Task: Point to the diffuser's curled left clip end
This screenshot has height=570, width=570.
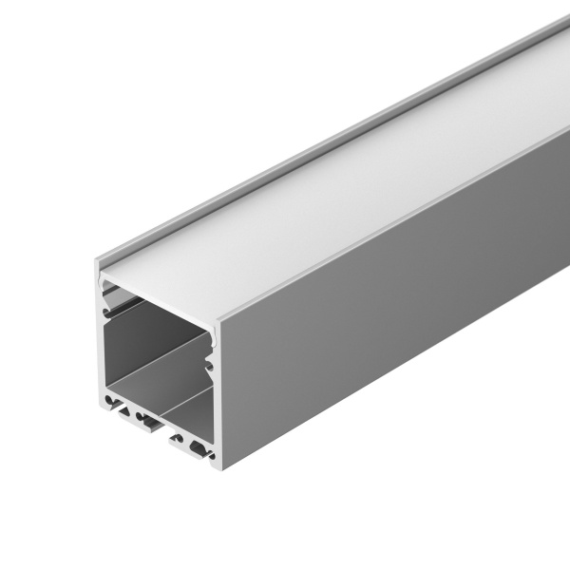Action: [x=104, y=281]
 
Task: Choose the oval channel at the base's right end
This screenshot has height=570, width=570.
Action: [x=198, y=447]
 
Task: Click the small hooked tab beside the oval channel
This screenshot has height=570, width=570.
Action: [x=178, y=438]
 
